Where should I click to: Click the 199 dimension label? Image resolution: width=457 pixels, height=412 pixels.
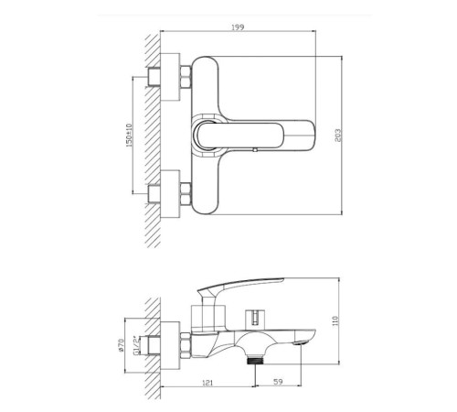[x=238, y=27]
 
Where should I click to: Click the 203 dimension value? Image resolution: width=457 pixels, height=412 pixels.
[x=338, y=135]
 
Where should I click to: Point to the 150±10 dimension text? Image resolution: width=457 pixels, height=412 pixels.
[x=129, y=136]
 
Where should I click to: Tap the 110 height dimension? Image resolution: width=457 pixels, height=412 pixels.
[x=335, y=321]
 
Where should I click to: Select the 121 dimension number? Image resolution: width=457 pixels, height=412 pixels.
[x=207, y=383]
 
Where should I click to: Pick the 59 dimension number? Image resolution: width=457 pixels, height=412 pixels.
[x=278, y=382]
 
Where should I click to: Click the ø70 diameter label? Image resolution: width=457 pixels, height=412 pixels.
[x=121, y=345]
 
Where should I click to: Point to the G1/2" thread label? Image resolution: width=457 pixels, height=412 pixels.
[x=136, y=345]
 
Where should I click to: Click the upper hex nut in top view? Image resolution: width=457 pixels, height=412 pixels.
[x=186, y=76]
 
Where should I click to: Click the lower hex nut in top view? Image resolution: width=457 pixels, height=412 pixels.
[x=186, y=193]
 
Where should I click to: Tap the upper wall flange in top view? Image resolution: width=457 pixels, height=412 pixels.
[x=170, y=77]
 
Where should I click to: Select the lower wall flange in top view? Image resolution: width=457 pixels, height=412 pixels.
[x=170, y=194]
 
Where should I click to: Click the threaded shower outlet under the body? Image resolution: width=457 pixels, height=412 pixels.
[x=255, y=360]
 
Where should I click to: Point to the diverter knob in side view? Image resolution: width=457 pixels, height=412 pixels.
[x=255, y=320]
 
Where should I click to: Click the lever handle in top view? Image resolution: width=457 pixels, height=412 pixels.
[x=255, y=136]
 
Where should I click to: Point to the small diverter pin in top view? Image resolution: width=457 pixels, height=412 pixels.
[x=255, y=149]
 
